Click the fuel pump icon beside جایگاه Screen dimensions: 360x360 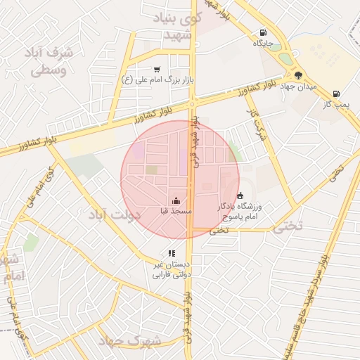263,32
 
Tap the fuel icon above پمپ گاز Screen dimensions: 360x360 336,94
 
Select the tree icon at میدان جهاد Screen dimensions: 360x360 299,75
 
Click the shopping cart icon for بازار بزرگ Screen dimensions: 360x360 156,69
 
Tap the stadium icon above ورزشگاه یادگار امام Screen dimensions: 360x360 240,195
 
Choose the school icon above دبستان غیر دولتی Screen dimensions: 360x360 171,253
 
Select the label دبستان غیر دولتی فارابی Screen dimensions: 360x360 172,269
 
